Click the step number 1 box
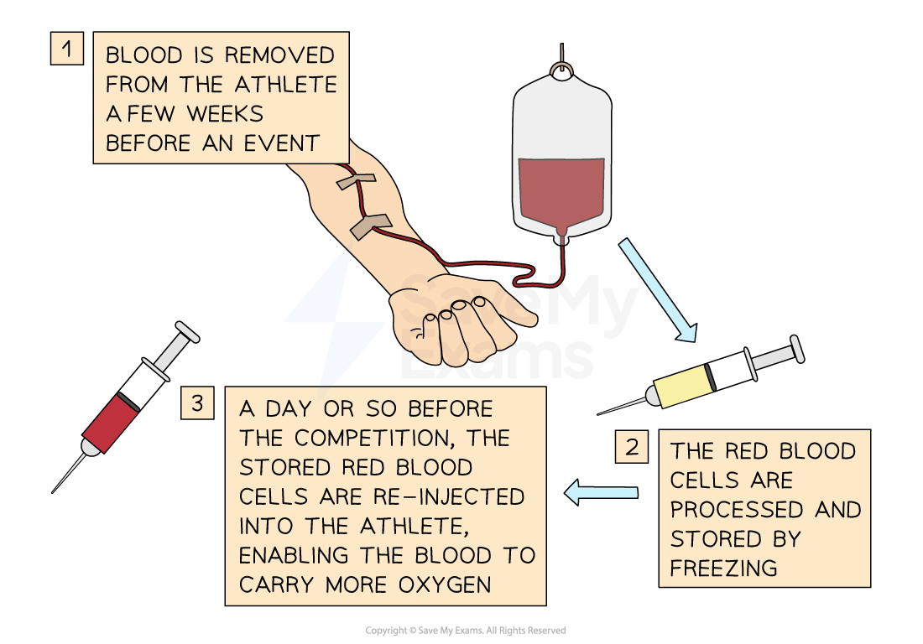67,48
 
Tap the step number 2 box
631,446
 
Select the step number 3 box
197,402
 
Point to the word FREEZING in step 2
723,568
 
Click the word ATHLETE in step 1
285,84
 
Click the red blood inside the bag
561,191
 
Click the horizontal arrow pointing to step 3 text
601,492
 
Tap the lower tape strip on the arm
370,225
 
